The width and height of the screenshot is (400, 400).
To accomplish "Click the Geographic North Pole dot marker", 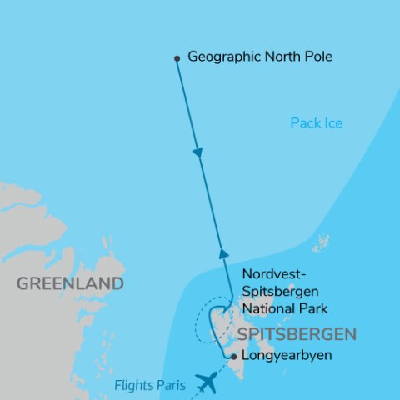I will (x=177, y=58).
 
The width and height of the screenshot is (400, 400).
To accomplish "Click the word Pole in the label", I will (x=318, y=57).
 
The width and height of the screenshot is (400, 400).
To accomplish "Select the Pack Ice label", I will (x=317, y=123).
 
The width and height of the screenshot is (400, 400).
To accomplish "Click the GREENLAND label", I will (x=70, y=284).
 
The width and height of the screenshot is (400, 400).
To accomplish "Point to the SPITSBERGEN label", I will (x=297, y=334).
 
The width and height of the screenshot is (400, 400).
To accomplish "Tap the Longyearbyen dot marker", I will (x=233, y=356).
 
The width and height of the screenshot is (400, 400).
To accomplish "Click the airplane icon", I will (x=205, y=382).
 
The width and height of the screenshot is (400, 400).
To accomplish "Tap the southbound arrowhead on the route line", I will (x=197, y=153).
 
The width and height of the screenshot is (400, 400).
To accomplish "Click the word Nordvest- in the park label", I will (x=271, y=276).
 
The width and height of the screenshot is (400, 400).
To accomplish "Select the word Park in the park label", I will (x=312, y=308).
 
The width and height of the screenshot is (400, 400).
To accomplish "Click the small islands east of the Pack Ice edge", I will (x=320, y=244).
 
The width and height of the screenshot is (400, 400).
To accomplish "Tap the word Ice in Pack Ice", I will (x=332, y=123).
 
